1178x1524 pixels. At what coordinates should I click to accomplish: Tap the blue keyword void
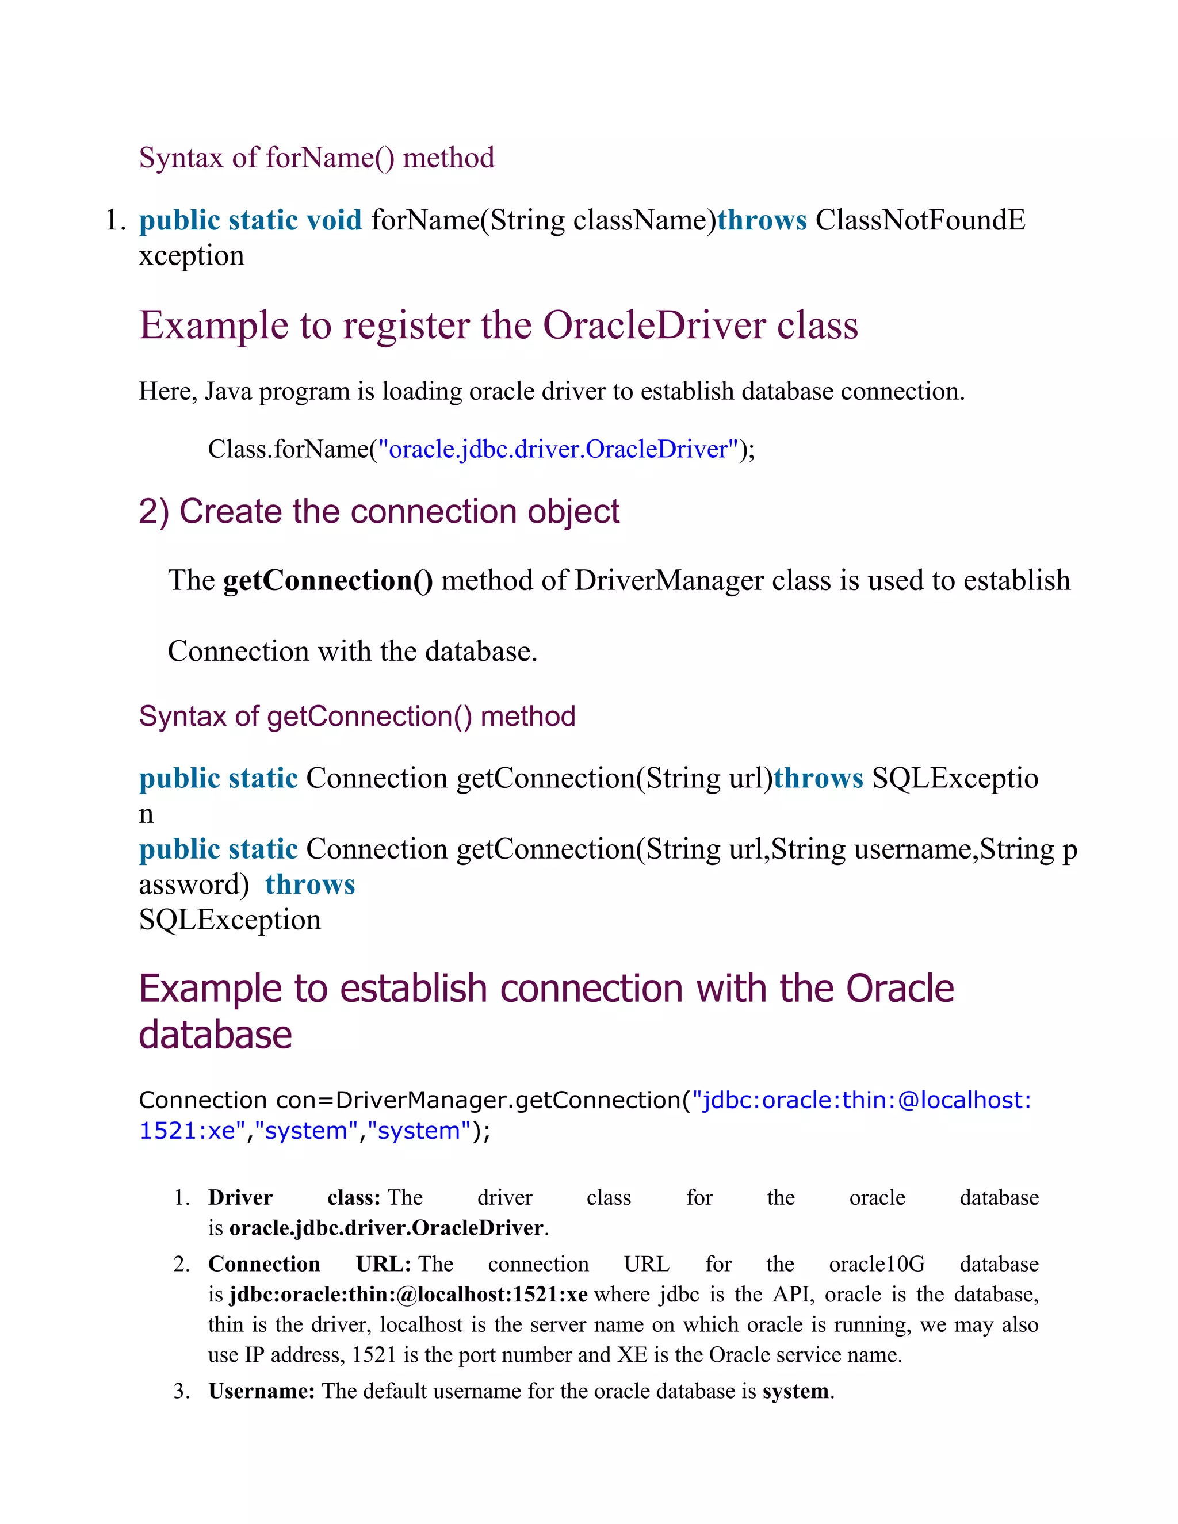334,220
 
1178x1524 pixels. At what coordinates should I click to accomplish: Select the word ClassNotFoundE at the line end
920,220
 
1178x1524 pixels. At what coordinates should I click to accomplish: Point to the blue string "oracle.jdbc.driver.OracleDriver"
557,449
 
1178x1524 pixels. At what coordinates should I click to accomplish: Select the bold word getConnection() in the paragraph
328,581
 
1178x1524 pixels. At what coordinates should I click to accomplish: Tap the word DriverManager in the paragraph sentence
668,581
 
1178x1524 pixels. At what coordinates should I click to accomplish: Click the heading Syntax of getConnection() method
357,717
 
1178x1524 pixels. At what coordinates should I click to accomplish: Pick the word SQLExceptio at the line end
955,779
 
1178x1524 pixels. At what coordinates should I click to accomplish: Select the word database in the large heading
215,1035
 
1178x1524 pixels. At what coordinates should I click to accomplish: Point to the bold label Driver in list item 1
240,1198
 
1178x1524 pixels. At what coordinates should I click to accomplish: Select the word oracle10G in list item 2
877,1265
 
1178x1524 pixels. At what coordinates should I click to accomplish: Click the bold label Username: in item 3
262,1391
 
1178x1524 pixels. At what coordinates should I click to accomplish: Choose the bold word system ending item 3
795,1391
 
